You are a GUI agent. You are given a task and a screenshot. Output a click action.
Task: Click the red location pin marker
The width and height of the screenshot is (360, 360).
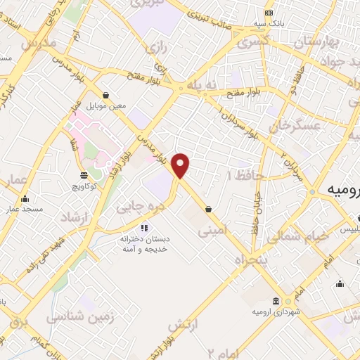[181, 165]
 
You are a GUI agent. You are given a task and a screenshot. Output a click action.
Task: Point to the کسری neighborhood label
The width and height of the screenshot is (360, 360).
[252, 42]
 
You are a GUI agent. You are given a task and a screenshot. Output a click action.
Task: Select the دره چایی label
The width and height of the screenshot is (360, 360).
[144, 206]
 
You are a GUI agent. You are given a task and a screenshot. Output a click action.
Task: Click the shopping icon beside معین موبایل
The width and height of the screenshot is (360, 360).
[105, 95]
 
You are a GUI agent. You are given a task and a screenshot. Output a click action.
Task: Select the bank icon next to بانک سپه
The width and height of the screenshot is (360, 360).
[269, 13]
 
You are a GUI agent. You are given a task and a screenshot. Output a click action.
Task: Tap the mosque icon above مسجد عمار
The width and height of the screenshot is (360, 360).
[26, 198]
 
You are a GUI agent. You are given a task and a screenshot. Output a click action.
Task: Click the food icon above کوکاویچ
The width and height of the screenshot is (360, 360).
[84, 175]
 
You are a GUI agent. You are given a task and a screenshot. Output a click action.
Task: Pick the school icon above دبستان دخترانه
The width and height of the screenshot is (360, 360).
[144, 227]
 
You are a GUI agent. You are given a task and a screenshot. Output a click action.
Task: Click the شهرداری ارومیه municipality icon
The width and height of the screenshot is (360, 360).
[277, 300]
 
